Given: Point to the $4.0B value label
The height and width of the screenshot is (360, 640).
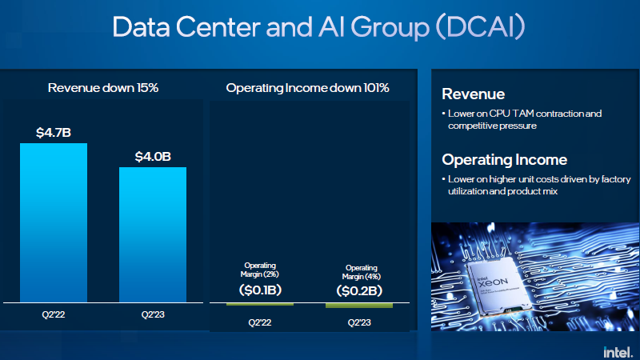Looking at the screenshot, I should [153, 156].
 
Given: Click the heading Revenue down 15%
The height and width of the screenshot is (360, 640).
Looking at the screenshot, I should [103, 87].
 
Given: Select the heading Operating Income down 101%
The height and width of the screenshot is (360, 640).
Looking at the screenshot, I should [308, 87].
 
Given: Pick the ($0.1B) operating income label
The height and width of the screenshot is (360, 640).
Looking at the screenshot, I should [260, 290].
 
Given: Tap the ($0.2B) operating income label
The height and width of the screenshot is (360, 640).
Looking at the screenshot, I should [359, 290].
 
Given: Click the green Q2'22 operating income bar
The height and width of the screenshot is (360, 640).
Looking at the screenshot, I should [260, 304].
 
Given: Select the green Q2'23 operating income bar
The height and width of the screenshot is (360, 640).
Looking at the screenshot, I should [359, 306].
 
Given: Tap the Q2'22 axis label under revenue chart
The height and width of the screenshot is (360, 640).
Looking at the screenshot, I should [54, 316].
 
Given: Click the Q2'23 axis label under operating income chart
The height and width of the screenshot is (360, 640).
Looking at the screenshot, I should [359, 322].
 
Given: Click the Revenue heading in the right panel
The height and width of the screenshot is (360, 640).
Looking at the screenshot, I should [473, 94].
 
